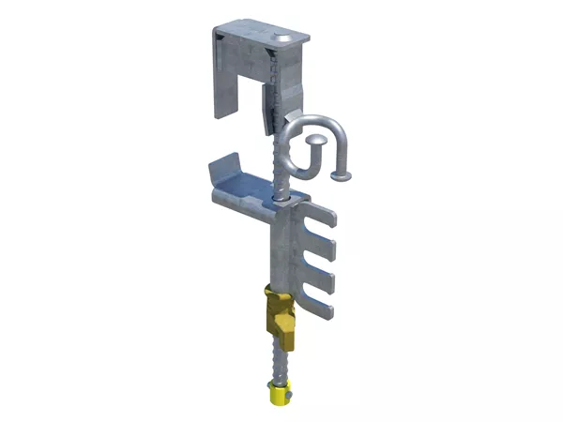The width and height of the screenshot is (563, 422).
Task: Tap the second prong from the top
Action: coord(324,248)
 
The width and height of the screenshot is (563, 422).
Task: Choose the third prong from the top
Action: coord(324,276)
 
